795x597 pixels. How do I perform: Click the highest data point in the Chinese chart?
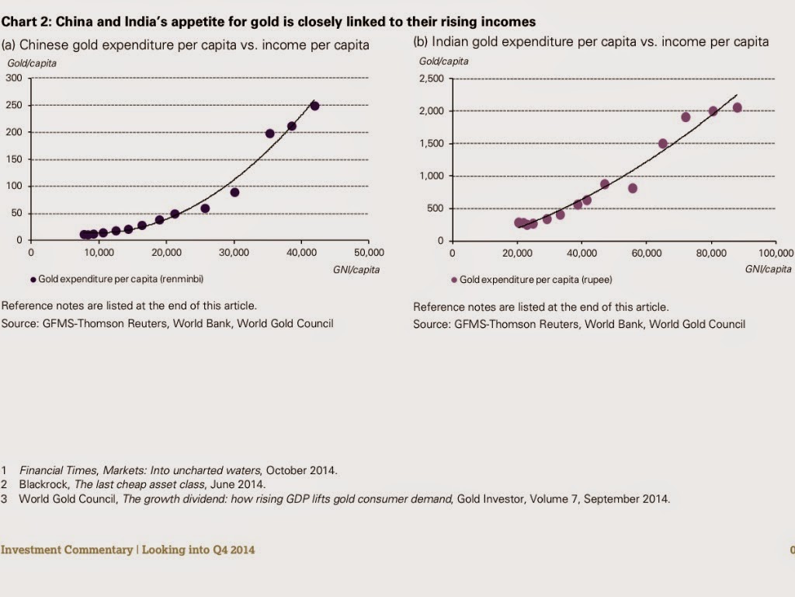314,106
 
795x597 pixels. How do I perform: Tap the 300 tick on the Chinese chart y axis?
14,78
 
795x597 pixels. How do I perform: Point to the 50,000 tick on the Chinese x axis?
368,252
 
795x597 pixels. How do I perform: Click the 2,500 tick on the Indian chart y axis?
431,79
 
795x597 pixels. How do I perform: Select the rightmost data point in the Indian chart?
737,108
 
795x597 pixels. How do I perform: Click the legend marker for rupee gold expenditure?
453,279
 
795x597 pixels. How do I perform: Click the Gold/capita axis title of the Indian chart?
443,61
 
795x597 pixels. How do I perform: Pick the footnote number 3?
4,498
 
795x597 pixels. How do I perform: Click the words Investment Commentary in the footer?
67,550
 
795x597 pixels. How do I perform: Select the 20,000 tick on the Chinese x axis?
165,252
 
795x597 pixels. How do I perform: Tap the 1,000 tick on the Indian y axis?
431,176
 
